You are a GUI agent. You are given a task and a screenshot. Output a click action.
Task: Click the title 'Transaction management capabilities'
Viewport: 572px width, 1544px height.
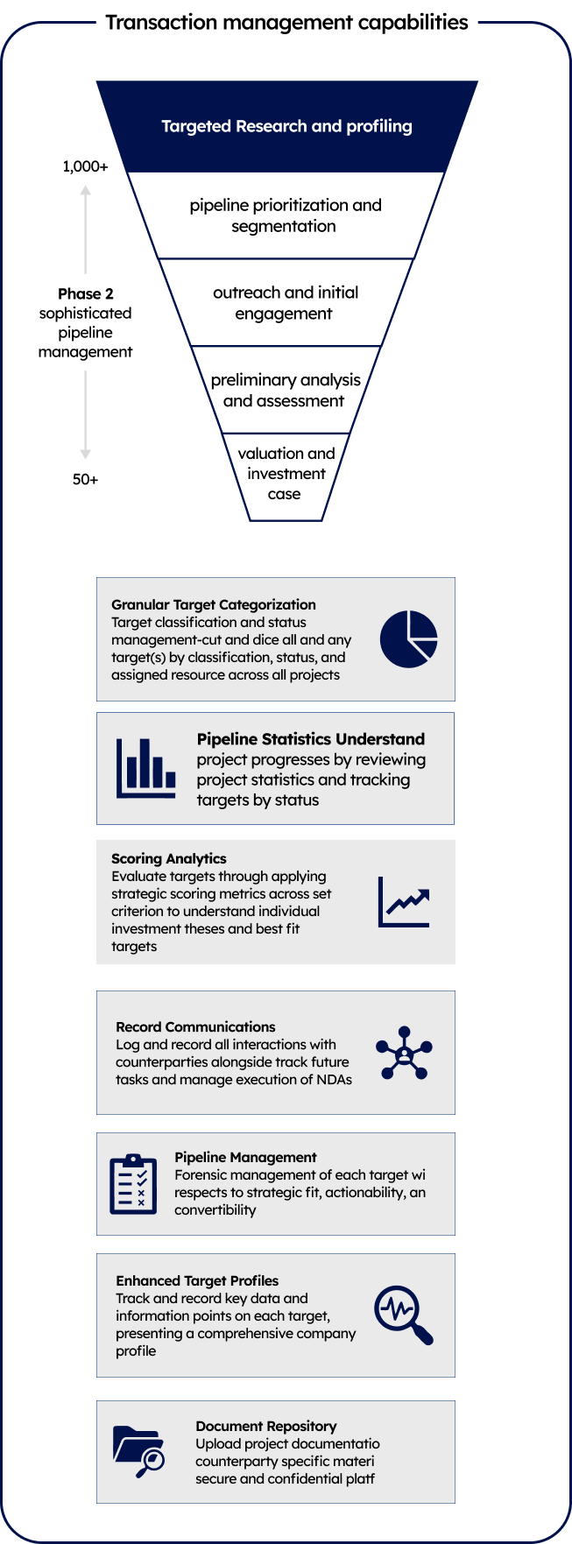[286, 23]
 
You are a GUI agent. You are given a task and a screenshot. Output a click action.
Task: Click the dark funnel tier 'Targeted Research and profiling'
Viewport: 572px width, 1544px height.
[286, 126]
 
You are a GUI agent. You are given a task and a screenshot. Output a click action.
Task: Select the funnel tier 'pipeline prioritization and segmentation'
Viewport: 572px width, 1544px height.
[286, 215]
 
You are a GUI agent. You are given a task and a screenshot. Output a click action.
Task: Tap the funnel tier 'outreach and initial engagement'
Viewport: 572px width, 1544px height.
[286, 303]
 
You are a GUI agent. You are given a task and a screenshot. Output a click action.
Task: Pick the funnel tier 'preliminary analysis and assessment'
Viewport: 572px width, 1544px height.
[286, 390]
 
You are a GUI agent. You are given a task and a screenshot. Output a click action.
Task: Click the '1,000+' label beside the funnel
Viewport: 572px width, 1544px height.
[85, 166]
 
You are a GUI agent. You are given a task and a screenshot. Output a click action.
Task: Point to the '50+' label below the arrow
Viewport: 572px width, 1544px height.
[85, 480]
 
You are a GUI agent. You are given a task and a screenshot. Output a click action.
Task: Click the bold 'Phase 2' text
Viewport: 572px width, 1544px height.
[86, 293]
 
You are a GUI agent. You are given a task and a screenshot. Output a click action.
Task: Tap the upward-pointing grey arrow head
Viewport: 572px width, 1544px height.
[86, 191]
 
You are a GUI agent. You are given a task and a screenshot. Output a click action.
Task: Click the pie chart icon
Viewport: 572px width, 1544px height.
[409, 639]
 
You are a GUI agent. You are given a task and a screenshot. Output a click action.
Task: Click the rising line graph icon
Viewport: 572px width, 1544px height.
[404, 902]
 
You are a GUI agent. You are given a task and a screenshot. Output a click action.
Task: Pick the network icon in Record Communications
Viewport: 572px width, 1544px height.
[404, 1053]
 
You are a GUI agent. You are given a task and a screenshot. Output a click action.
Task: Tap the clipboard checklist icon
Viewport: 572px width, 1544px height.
[133, 1184]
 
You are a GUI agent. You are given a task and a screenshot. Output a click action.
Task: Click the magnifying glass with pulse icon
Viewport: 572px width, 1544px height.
[404, 1315]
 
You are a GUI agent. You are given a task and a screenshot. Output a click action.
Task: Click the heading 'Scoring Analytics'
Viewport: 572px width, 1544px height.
[169, 859]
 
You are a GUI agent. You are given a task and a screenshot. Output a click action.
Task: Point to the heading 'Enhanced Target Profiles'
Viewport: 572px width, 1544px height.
[197, 1280]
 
